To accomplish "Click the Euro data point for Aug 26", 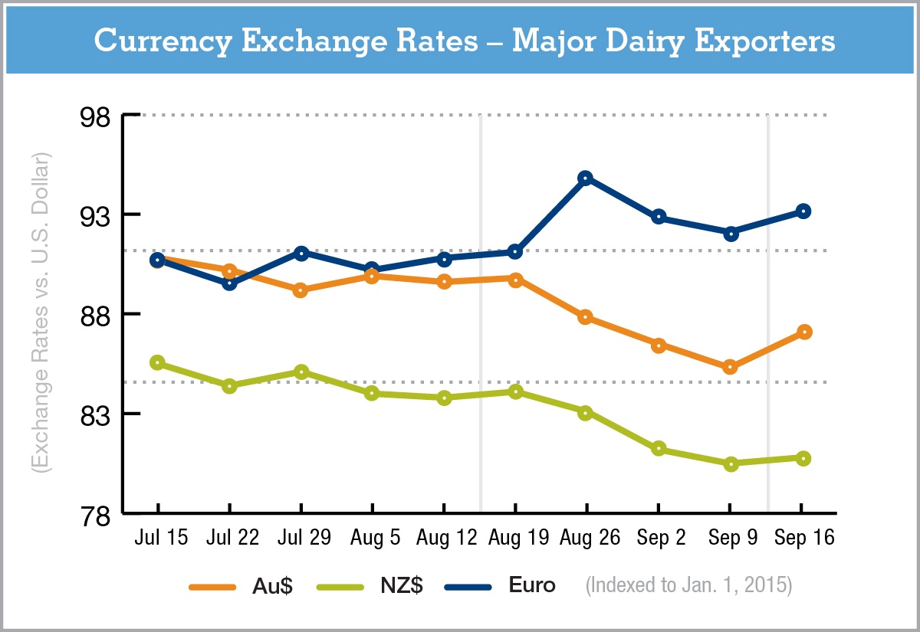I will click(x=586, y=178).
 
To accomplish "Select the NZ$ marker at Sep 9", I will click(x=731, y=463).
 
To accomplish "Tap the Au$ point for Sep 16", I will click(x=803, y=332).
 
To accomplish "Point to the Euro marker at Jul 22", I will click(x=229, y=283).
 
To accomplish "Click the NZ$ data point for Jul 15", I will click(x=157, y=362).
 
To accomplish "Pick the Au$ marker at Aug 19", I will click(x=515, y=280).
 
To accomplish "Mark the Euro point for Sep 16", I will click(x=803, y=211).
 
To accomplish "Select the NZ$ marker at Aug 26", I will click(x=586, y=413).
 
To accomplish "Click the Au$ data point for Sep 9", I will click(x=731, y=367).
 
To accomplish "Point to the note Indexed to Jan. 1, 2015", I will click(x=688, y=587).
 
